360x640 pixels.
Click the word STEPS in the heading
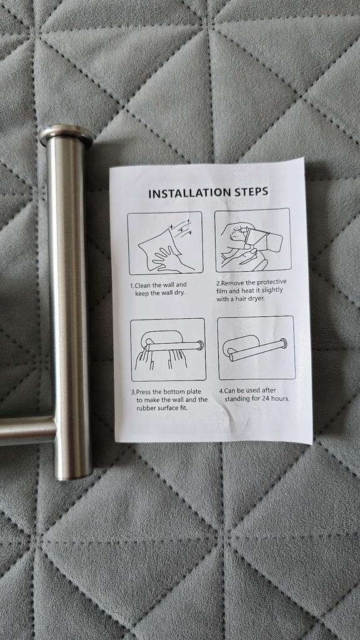(x=248, y=191)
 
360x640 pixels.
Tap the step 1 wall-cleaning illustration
(x=165, y=243)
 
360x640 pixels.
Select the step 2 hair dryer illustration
(x=252, y=240)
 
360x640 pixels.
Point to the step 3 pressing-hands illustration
(x=167, y=350)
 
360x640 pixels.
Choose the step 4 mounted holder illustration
(x=256, y=347)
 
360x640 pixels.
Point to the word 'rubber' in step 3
(x=146, y=407)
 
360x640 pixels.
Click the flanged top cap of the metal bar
(x=66, y=135)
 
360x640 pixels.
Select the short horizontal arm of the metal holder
(x=26, y=431)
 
